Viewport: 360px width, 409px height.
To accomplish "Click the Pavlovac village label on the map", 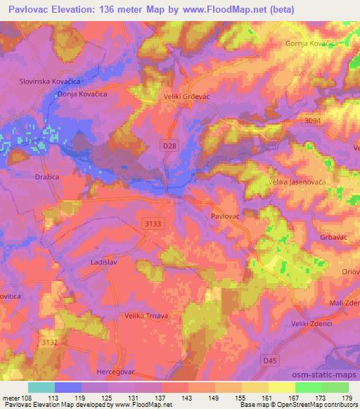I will click(226, 217).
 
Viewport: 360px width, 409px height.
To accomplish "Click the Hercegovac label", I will click(116, 370).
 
